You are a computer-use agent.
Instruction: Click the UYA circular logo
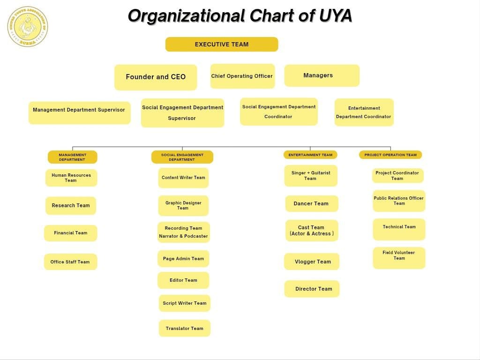point(28,27)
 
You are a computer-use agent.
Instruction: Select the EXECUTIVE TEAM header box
point(222,45)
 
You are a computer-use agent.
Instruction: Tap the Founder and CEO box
point(156,77)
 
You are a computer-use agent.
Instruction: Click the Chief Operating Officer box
point(242,76)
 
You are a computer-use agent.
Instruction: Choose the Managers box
point(322,75)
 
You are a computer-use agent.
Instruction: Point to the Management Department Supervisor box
point(79,112)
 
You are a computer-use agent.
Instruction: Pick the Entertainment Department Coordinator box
point(364,112)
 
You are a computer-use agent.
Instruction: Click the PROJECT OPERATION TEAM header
point(390,155)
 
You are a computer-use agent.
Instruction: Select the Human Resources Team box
point(71,178)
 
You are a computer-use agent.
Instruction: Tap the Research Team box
point(71,205)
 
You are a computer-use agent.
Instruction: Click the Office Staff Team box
point(70,262)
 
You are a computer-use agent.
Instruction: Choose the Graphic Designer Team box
point(183,205)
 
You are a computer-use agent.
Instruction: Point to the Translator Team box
point(185,328)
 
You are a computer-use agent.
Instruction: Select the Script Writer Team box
point(185,303)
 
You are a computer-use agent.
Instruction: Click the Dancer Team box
point(311,203)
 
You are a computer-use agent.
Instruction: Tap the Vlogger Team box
point(312,262)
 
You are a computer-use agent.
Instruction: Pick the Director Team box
point(312,289)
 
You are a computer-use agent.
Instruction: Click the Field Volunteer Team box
point(399,257)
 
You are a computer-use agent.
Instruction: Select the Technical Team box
point(399,229)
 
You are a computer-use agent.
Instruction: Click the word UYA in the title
point(335,16)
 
